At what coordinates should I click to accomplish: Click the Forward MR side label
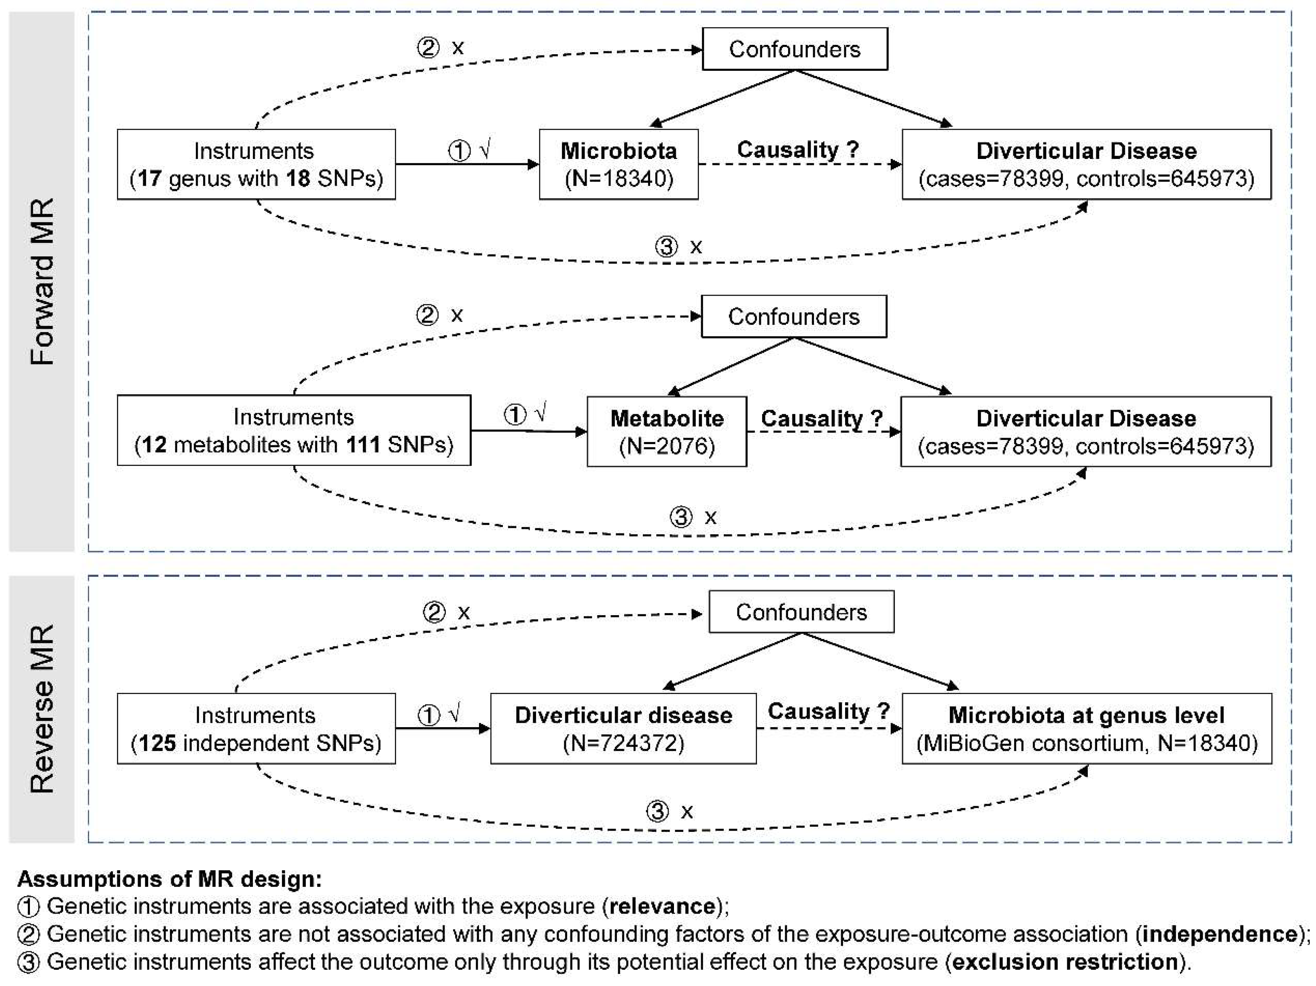(x=42, y=281)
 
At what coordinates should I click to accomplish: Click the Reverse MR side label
(x=42, y=709)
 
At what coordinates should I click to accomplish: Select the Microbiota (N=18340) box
(x=618, y=164)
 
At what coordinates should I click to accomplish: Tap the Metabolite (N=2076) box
(x=666, y=432)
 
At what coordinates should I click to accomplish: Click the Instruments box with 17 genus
(x=256, y=164)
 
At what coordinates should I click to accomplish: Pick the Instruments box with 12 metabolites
(x=293, y=431)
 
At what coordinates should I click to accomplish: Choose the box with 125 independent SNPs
(x=256, y=728)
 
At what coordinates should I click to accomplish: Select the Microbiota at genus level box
(x=1086, y=728)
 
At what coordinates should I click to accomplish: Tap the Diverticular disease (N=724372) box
(x=623, y=728)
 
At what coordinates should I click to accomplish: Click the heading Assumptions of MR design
(x=170, y=878)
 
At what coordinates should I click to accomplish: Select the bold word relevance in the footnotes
(x=661, y=906)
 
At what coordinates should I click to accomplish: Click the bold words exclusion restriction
(x=1065, y=962)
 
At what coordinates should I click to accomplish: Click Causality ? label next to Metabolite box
(x=821, y=418)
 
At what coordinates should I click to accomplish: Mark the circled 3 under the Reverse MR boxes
(x=657, y=811)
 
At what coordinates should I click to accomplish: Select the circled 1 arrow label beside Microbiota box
(x=459, y=151)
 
